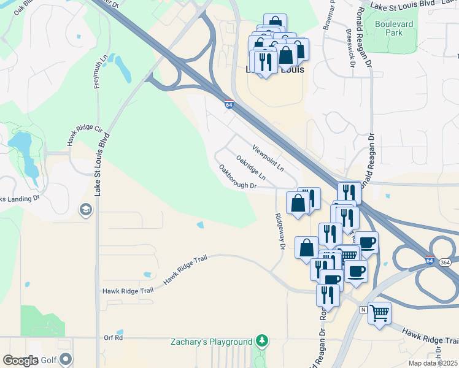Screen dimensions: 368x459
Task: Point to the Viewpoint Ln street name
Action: [x=269, y=157]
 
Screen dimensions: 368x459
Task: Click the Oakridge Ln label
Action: [x=250, y=167]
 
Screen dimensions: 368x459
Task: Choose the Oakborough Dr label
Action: [x=237, y=177]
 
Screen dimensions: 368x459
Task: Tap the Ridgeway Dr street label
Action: [x=280, y=231]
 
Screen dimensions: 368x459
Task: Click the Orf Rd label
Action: [x=114, y=337]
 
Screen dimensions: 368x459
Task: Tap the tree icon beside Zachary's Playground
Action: [x=262, y=340]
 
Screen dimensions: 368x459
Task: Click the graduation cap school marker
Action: [x=85, y=211]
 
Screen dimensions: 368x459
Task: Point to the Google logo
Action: [x=20, y=360]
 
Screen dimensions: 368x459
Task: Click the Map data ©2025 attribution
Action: [x=433, y=363]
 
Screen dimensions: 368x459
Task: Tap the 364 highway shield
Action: [x=446, y=261]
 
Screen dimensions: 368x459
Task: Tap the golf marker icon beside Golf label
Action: [x=66, y=359]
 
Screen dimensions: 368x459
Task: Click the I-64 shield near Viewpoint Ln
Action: [x=229, y=105]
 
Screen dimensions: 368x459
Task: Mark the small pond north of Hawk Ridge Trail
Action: [x=201, y=225]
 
